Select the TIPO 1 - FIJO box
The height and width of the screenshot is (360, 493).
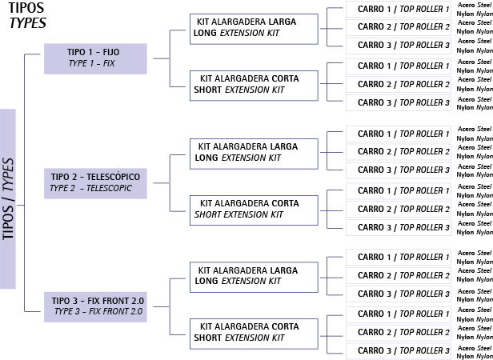tap(94, 58)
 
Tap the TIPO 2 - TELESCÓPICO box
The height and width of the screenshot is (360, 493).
tap(94, 182)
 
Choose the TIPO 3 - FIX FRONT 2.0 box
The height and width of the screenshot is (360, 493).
tap(94, 306)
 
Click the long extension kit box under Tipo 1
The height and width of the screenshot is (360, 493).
tap(254, 30)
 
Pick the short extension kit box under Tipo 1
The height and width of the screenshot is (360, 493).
tap(254, 85)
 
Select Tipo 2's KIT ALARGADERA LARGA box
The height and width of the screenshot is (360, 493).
tap(254, 152)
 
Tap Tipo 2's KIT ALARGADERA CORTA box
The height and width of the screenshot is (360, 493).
tap(254, 209)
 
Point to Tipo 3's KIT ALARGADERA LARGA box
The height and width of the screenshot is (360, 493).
tap(254, 275)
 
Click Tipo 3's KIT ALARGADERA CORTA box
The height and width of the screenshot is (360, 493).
tap(254, 332)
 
